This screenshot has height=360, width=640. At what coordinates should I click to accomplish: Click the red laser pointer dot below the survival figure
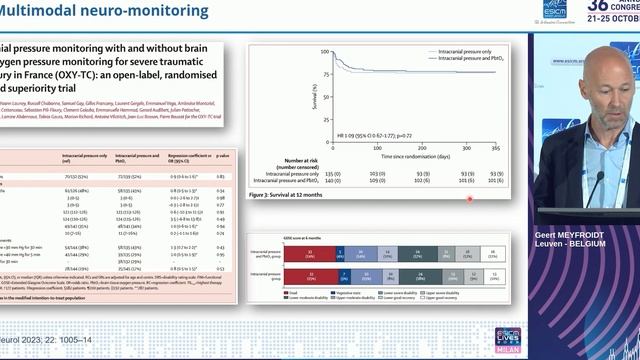coord(470,199)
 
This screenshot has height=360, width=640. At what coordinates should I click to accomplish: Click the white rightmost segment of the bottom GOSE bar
coord(492,277)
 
